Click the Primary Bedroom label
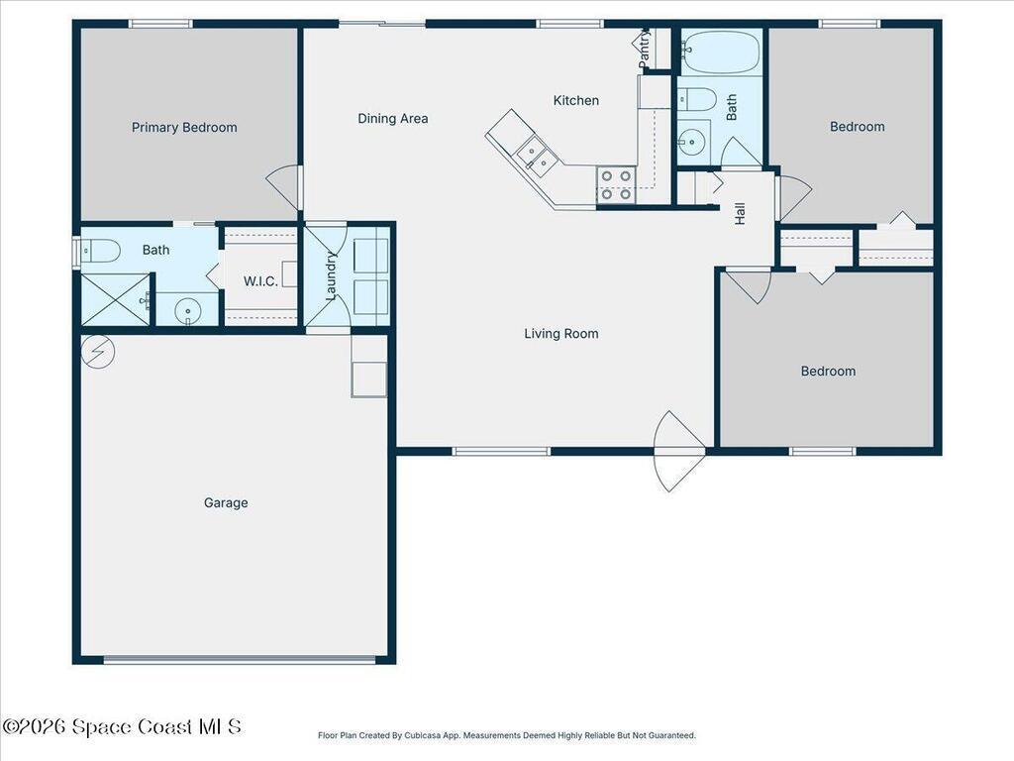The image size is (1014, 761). click(x=184, y=127)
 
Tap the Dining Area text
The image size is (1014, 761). click(x=393, y=119)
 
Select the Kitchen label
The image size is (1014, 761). click(x=575, y=100)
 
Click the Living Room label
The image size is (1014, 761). click(x=561, y=334)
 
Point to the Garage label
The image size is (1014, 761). click(x=226, y=502)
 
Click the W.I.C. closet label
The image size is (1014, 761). click(x=260, y=281)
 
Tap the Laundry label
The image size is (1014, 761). click(x=333, y=274)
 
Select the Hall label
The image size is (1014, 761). click(x=740, y=213)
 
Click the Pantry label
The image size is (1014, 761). click(x=644, y=50)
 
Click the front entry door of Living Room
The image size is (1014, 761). click(x=679, y=451)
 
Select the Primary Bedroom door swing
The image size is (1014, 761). click(x=283, y=186)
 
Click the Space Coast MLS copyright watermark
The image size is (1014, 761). click(x=122, y=726)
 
